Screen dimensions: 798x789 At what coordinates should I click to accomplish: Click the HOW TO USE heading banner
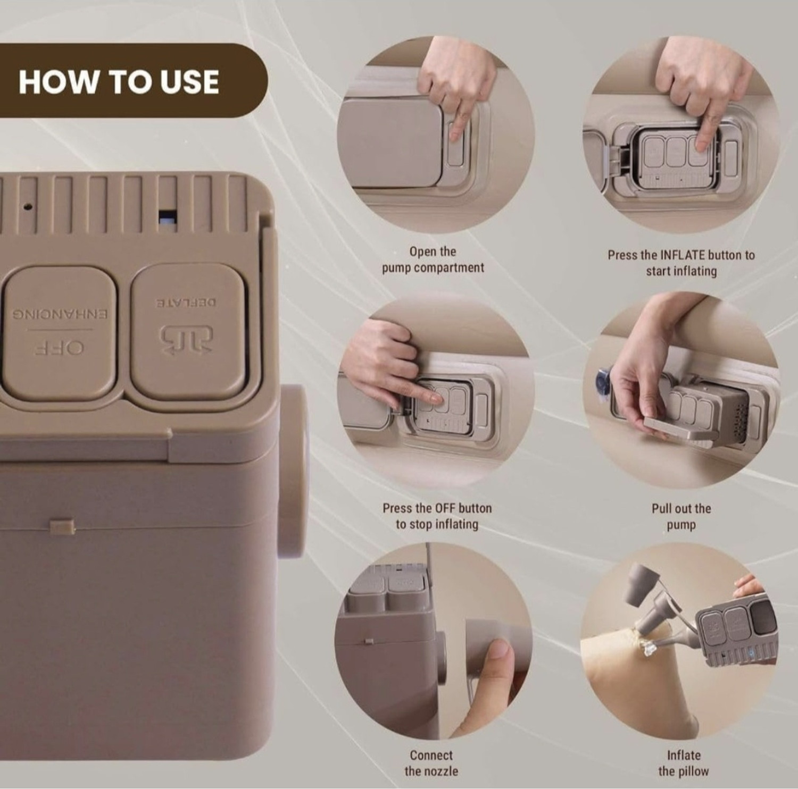coord(133,81)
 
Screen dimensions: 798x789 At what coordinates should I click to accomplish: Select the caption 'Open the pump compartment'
coord(433,259)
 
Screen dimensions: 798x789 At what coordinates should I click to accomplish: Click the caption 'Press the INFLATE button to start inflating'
coord(681,263)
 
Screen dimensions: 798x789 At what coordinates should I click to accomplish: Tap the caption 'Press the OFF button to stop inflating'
coord(437,516)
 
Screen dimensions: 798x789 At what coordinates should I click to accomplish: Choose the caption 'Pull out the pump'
coord(681,517)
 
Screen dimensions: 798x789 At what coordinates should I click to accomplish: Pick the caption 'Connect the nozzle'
coord(431,763)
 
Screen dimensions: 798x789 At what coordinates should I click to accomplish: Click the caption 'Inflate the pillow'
coord(684,763)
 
